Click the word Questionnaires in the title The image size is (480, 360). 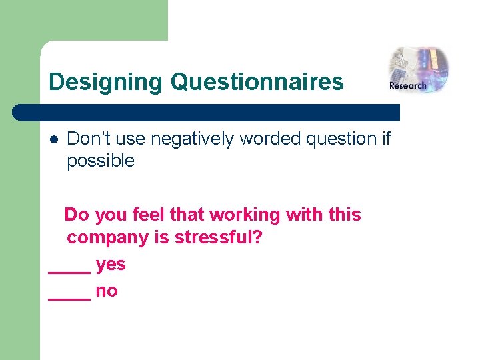[x=257, y=83]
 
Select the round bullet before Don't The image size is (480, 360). [x=54, y=139]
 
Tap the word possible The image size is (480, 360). [x=101, y=161]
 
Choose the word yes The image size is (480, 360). [x=111, y=265]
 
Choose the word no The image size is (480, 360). [x=107, y=291]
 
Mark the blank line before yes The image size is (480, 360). [x=69, y=271]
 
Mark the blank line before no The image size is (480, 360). [x=69, y=297]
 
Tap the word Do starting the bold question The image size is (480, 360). [x=77, y=215]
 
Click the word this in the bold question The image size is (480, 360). [x=343, y=215]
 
